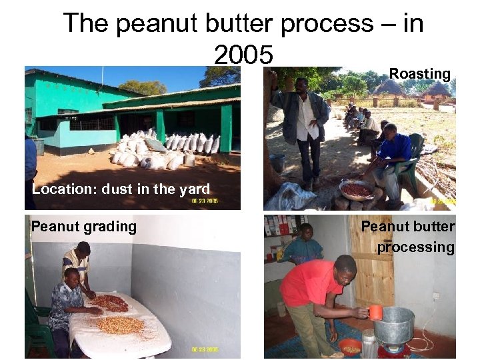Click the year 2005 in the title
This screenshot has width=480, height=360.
click(243, 55)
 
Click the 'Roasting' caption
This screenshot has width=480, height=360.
click(419, 73)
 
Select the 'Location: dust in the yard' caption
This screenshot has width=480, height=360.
click(121, 189)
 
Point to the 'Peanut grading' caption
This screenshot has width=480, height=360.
click(83, 227)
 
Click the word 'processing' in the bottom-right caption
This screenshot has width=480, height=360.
click(415, 247)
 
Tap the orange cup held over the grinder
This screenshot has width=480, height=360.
click(375, 313)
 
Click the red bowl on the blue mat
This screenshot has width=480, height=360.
click(351, 347)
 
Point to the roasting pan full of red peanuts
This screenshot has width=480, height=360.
click(357, 190)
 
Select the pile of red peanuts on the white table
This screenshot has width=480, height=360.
click(110, 303)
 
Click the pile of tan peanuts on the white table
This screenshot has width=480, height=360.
click(120, 325)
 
